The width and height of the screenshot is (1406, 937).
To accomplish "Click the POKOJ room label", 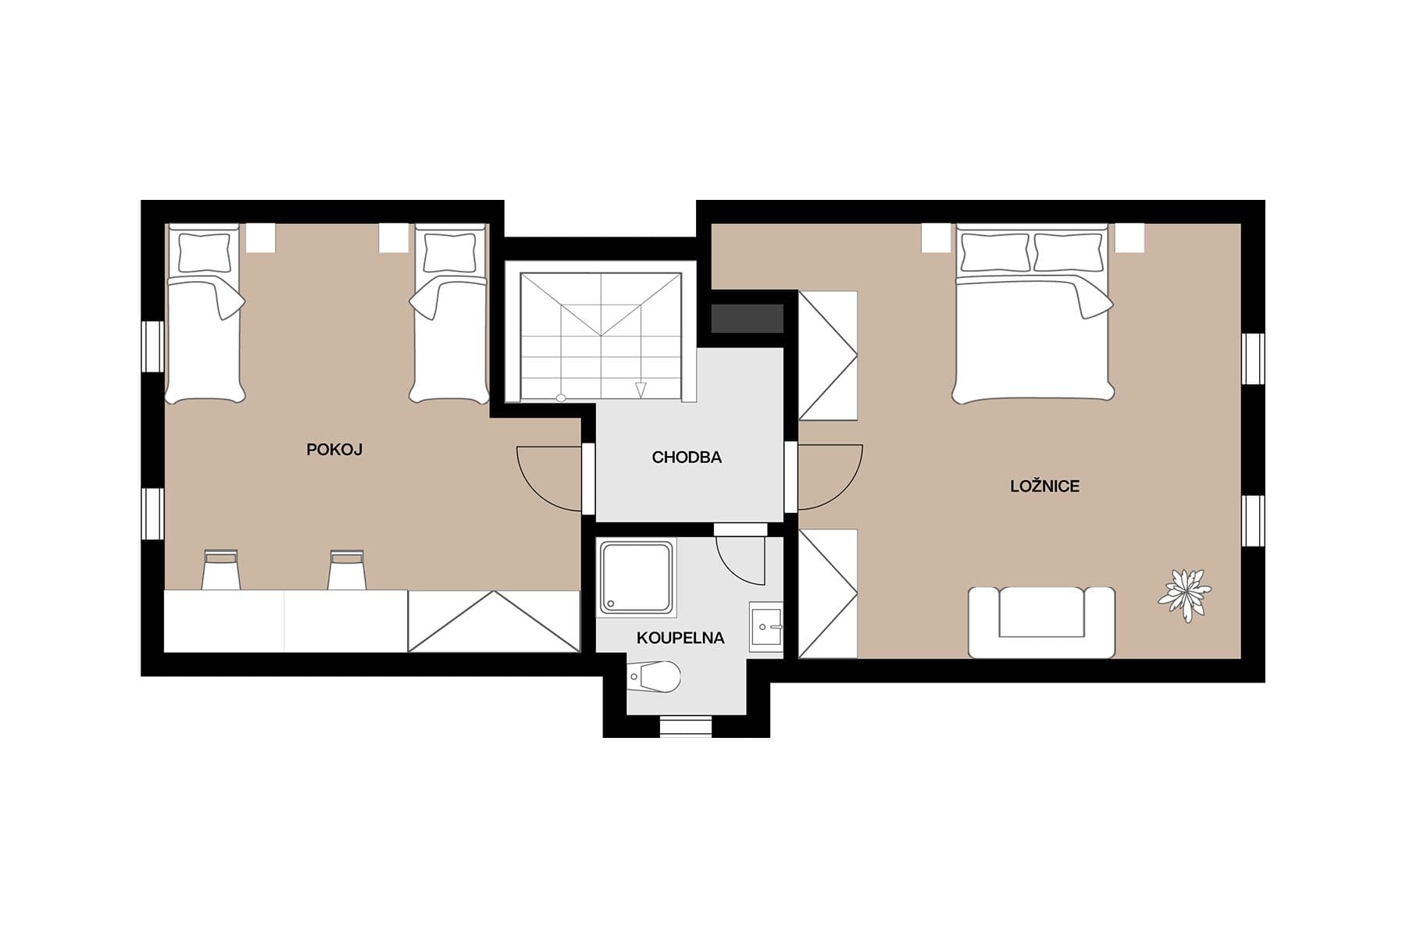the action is [334, 450].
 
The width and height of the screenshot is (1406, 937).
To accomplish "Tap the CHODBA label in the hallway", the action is [687, 458].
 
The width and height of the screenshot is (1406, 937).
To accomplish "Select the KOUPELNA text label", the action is [680, 638].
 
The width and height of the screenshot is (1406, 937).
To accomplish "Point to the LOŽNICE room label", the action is [1044, 486].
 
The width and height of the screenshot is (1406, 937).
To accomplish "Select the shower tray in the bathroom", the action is [636, 577].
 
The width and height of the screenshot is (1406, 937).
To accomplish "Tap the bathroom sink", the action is [766, 627].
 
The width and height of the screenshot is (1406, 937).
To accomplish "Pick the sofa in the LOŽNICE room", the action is [1041, 622].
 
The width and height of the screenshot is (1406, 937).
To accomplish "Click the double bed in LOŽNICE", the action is [1033, 314].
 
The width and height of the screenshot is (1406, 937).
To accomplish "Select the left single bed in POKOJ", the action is [205, 314].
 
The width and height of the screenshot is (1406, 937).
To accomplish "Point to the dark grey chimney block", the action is [747, 319].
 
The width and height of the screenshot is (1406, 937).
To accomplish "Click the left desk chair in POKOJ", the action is [220, 570].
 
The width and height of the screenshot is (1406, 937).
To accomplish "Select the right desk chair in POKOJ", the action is [346, 570].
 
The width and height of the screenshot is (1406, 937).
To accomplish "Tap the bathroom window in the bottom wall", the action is [687, 727].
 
